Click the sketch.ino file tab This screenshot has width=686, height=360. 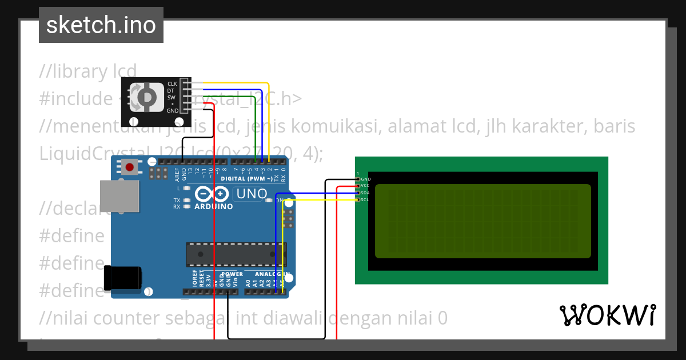[x=101, y=25]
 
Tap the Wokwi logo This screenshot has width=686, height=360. [x=607, y=315]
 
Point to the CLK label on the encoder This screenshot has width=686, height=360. [x=172, y=84]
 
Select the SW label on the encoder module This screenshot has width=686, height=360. [x=171, y=97]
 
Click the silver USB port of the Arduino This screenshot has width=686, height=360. [x=119, y=195]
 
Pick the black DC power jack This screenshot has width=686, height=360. [x=122, y=278]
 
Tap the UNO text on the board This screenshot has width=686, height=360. [x=252, y=194]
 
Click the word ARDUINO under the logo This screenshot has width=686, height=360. [x=214, y=206]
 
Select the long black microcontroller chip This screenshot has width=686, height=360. [x=236, y=255]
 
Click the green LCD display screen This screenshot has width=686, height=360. [x=482, y=221]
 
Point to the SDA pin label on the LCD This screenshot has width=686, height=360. [x=365, y=193]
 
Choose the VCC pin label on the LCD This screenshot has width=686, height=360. [x=365, y=186]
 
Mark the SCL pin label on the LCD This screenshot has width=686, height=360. [x=365, y=199]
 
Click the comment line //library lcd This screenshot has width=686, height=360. [x=88, y=71]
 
